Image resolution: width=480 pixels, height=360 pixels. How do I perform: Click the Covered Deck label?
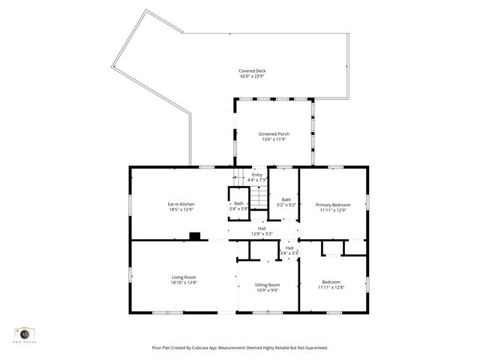pos(253,71)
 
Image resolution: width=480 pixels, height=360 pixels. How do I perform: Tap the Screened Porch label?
pos(274,133)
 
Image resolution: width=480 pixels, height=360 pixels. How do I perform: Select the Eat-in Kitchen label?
pos(181,204)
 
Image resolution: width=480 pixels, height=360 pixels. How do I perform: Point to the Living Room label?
pos(184,277)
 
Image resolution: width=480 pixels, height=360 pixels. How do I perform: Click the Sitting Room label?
pos(268,284)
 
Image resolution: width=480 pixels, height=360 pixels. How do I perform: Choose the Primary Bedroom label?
pos(333,205)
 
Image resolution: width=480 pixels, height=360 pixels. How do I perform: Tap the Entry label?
pos(257,175)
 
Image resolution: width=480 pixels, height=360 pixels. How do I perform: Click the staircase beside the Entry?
pos(258,198)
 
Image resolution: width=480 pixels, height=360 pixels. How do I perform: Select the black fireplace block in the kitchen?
pos(195,236)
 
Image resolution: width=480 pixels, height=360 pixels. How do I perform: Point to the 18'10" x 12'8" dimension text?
pos(184,283)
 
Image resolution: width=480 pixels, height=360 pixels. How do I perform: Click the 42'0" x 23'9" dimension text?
pos(253,76)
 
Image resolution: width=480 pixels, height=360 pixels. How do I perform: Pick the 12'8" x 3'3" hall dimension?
pos(262,234)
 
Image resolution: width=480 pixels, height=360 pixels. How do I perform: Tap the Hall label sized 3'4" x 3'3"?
pos(289,247)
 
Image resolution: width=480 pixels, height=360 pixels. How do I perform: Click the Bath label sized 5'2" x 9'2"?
pos(286,199)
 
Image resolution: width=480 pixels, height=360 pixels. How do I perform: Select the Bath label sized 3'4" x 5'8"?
pos(238,203)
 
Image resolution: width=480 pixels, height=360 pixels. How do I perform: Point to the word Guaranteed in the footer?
pos(312,348)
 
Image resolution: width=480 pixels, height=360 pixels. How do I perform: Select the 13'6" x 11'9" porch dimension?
pos(274,139)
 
